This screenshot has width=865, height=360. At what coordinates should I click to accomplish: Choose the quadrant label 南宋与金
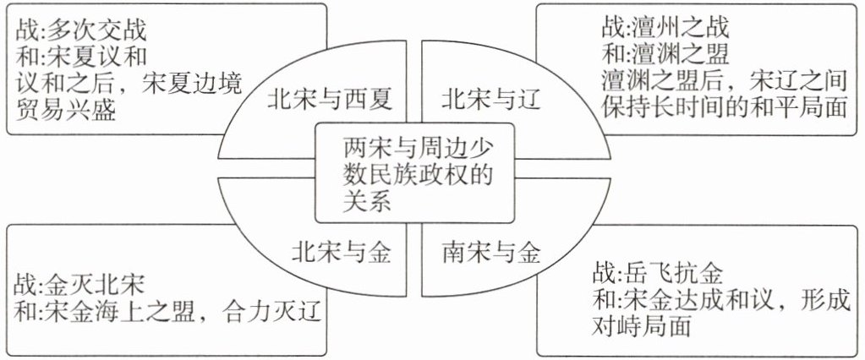coord(491,252)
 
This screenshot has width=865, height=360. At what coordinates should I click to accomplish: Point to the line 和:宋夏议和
coord(81,57)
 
